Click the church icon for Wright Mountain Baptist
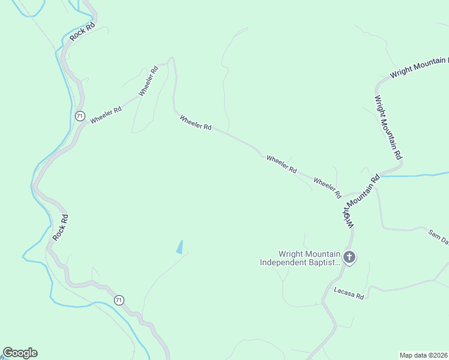click(x=349, y=257)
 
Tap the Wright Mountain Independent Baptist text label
click(x=300, y=258)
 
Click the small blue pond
click(x=179, y=247)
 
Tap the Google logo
click(x=20, y=353)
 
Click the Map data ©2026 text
click(x=423, y=355)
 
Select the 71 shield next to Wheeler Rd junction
click(x=80, y=115)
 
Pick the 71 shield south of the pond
click(x=119, y=300)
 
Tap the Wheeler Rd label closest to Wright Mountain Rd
click(x=327, y=188)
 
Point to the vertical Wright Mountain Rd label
click(x=388, y=126)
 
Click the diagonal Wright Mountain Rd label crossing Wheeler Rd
click(x=361, y=200)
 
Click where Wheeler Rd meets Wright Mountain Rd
click(x=344, y=196)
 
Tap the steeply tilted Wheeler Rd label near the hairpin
click(x=148, y=80)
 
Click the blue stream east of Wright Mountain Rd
click(x=414, y=175)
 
